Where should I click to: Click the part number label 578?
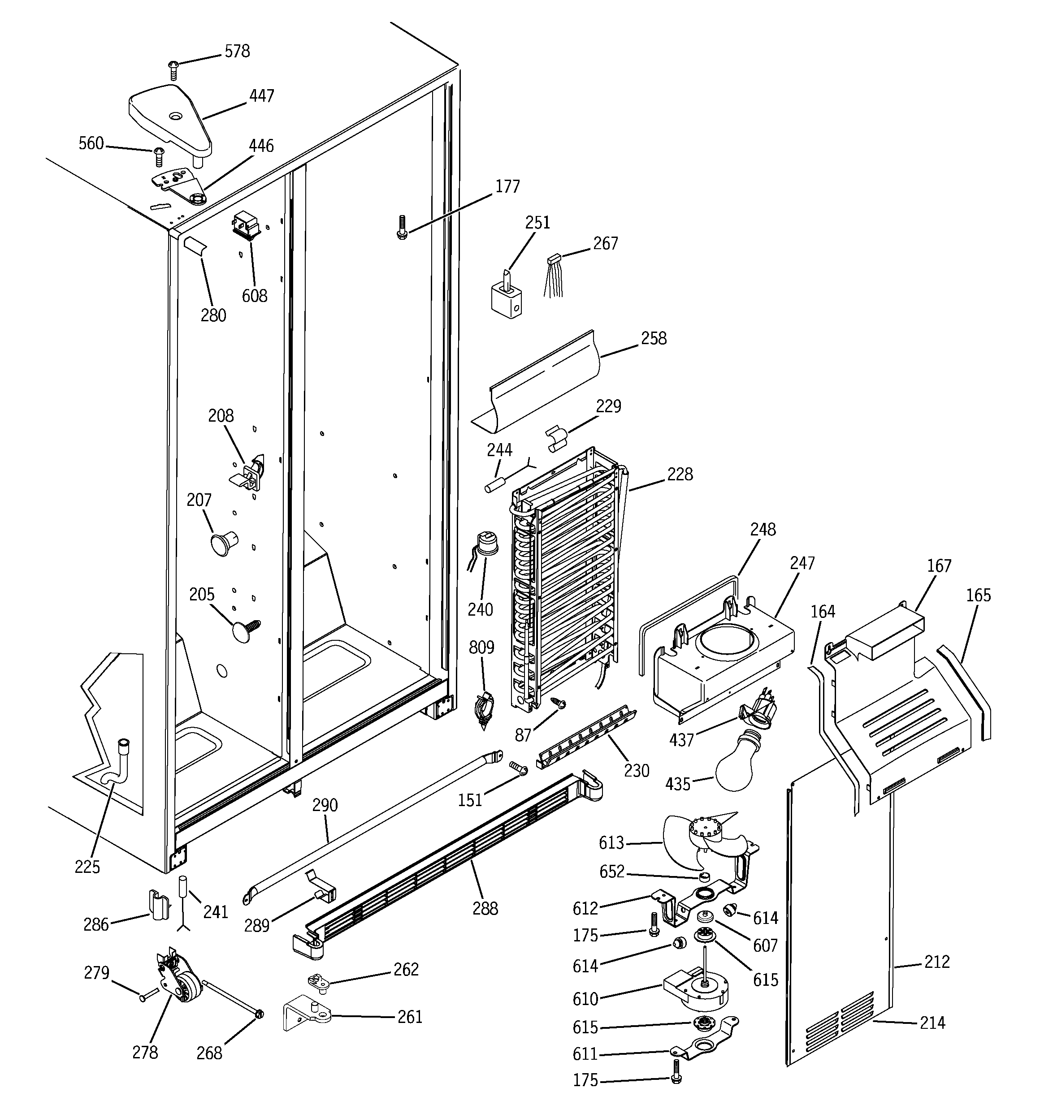pos(237,52)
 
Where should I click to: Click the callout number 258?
pos(654,339)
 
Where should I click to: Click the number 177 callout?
pos(507,186)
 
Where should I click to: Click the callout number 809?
pos(481,647)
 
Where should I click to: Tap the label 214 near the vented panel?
pos(932,1023)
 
